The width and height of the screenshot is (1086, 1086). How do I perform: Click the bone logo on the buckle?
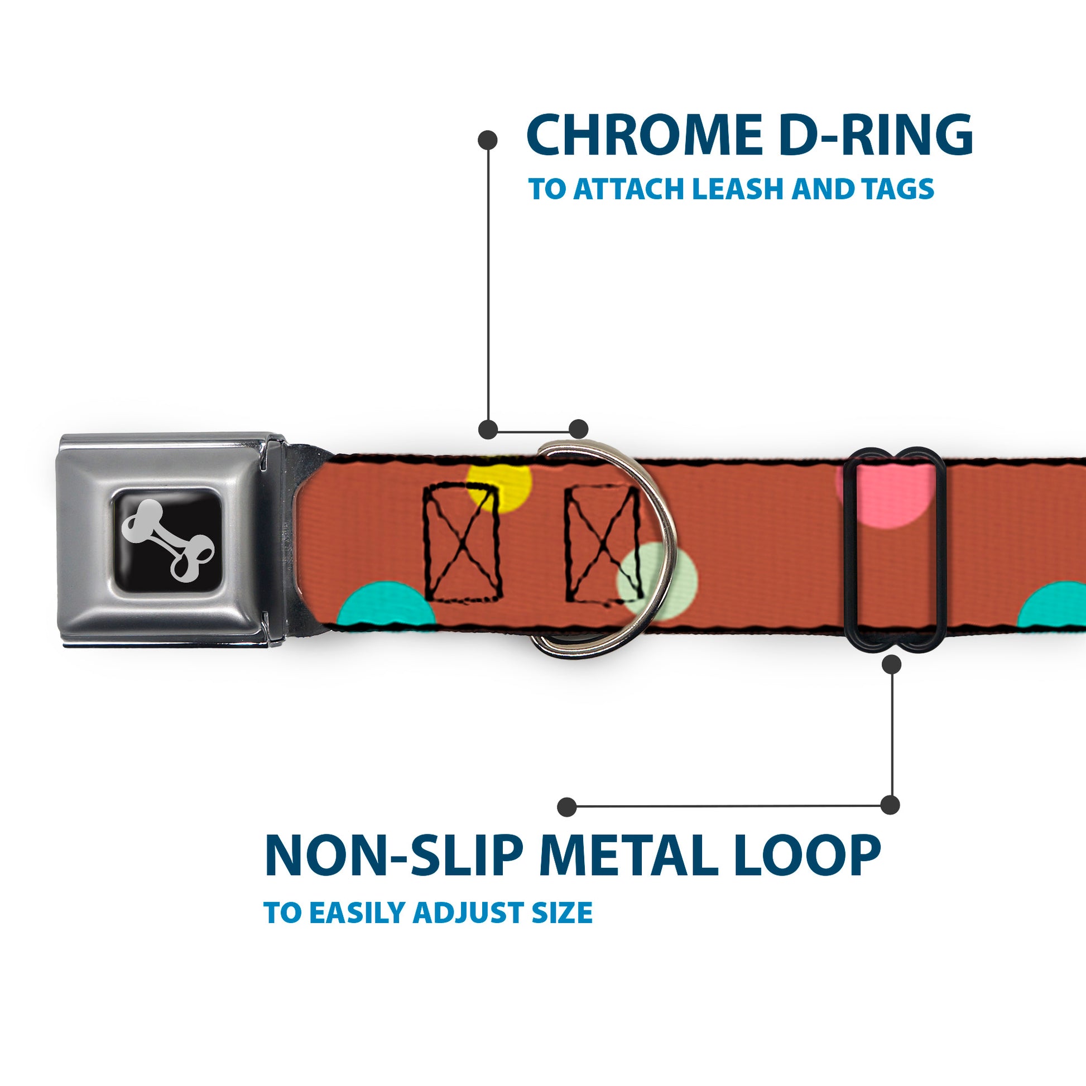pos(168,540)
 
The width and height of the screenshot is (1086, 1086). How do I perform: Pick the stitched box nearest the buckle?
pos(462,543)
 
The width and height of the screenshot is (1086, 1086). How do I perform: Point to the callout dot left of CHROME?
pos(487,140)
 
